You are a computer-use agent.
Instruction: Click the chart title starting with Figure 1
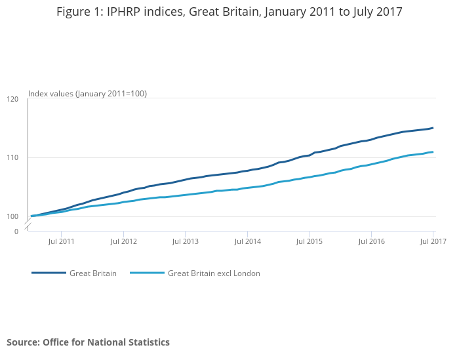click(x=229, y=12)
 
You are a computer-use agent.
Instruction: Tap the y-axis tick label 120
click(x=12, y=99)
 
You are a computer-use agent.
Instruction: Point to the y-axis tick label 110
click(x=12, y=158)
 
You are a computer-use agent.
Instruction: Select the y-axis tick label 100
click(x=12, y=216)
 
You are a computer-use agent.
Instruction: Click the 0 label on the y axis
click(x=16, y=231)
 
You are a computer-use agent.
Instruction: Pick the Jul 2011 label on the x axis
click(x=61, y=241)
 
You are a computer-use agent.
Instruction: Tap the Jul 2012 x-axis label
click(x=123, y=241)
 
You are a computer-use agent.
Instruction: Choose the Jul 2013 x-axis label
click(x=185, y=241)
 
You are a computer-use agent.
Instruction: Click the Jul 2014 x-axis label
click(x=247, y=241)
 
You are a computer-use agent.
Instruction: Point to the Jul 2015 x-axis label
click(x=309, y=241)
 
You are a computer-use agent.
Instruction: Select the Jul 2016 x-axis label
click(x=371, y=241)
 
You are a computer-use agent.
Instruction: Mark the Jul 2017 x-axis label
click(x=433, y=241)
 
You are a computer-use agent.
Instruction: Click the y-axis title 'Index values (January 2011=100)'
click(x=87, y=94)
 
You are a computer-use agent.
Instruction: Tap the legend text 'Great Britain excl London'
click(x=214, y=273)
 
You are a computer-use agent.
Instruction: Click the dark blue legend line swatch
click(x=49, y=273)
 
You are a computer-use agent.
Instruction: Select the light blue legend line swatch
click(x=147, y=273)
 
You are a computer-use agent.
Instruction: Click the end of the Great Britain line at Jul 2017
click(x=433, y=128)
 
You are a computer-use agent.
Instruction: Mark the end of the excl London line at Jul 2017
click(x=433, y=152)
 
